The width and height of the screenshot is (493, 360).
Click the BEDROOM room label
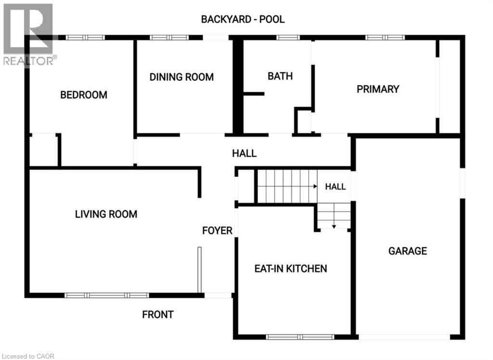[84, 95]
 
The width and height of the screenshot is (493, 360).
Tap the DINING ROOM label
[182, 77]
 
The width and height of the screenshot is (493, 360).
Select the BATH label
[280, 76]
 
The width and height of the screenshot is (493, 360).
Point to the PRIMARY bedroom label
[378, 89]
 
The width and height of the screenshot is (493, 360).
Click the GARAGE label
[408, 251]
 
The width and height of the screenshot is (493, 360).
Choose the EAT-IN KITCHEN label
[291, 268]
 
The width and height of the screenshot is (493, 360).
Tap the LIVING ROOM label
[106, 214]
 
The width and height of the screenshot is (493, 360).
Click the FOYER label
[217, 231]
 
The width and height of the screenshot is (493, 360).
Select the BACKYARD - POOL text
[243, 19]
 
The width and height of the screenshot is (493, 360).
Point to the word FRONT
[158, 314]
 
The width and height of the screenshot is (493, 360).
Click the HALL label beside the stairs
[336, 187]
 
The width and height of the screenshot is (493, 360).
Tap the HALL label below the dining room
[244, 153]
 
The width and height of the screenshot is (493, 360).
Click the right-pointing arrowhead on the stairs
[315, 187]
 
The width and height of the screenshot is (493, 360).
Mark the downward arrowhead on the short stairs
[334, 226]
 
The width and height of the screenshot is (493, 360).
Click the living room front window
[106, 295]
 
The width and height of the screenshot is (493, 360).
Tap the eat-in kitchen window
[300, 337]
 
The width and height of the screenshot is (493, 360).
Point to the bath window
[288, 38]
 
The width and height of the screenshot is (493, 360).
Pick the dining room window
[169, 38]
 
